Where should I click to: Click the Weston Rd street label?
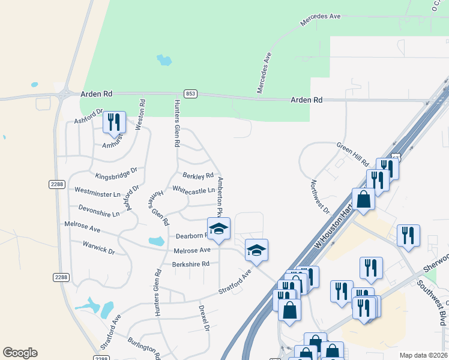[142, 112]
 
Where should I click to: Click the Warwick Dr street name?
[98, 247]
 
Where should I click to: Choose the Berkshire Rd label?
[190, 264]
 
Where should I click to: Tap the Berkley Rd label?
[198, 176]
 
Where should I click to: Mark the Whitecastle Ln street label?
[193, 190]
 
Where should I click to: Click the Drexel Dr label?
[203, 318]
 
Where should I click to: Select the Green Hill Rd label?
[352, 154]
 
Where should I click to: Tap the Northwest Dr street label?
[321, 197]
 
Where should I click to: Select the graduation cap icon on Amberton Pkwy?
[218, 229]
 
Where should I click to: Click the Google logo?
[20, 353]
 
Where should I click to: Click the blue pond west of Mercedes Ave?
[163, 60]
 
